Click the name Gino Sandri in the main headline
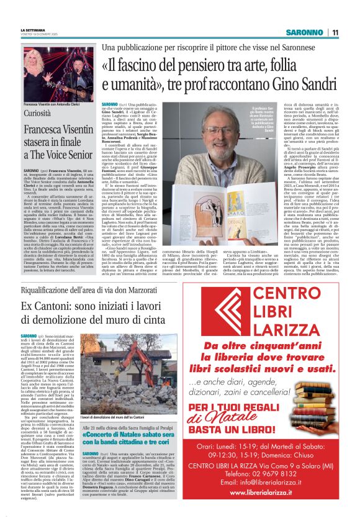297,83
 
